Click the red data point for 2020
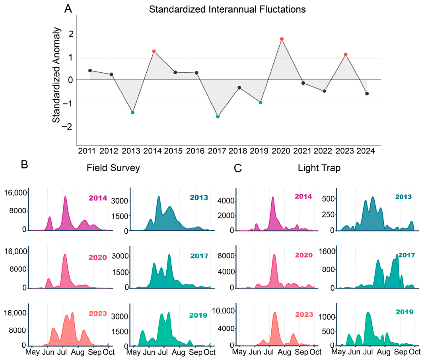tap(282, 39)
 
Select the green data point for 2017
tap(218, 117)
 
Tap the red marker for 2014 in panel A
tap(154, 51)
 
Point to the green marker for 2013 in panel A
tap(132, 112)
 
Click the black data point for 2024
tap(367, 94)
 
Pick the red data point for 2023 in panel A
tap(346, 54)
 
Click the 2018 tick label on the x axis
tap(238, 151)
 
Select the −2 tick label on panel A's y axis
tap(67, 126)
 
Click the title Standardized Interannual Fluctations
tap(227, 10)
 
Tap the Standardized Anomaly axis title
tap(56, 75)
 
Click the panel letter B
tap(24, 164)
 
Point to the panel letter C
tap(238, 168)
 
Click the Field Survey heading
tap(113, 168)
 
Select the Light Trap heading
tap(319, 168)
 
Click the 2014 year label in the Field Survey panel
tap(98, 198)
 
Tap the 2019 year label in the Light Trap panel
tap(405, 312)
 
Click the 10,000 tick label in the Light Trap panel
tap(223, 311)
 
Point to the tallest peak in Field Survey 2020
tap(64, 255)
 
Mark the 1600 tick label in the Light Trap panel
tap(327, 252)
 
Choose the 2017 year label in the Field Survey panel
tap(199, 256)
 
